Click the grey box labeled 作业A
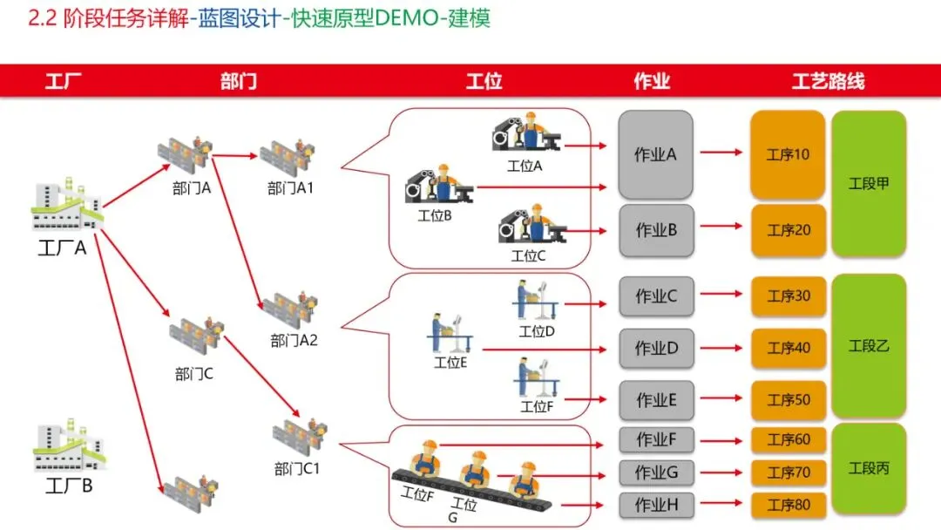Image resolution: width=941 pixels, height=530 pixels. tap(655, 154)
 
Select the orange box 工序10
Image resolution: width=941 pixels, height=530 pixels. tap(787, 154)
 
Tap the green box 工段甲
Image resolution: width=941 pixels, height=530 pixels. tap(868, 183)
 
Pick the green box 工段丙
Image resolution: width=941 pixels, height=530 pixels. tap(868, 468)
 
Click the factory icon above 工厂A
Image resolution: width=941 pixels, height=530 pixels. tap(67, 207)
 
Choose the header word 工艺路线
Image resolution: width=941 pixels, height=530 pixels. tap(828, 82)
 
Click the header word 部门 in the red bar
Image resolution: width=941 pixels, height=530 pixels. tap(238, 82)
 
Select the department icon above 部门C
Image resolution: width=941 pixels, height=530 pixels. tap(196, 337)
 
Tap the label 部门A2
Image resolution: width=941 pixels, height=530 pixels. tap(294, 341)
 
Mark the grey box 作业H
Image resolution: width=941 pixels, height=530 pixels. tap(655, 505)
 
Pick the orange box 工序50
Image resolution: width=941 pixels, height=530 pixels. tap(788, 400)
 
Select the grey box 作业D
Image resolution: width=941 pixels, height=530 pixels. tap(655, 348)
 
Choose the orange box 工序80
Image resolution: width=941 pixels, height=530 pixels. tap(788, 505)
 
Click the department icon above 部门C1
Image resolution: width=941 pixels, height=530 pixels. tap(299, 437)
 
